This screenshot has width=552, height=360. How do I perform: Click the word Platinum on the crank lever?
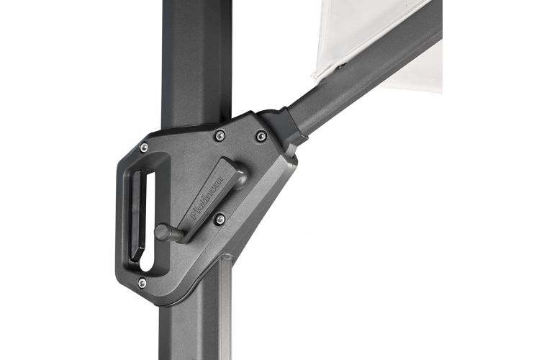coord(207,197)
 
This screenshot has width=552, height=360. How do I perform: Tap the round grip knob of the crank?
coord(161,232)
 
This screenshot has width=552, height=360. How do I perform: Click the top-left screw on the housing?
coord(144,148)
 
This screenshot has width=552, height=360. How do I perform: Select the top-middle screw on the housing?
coord(220,135)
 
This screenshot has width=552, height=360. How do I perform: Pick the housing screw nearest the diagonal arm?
coord(261,136)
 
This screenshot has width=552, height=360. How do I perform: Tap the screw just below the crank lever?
coord(220,219)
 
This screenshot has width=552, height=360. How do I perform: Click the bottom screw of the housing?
coord(142,282)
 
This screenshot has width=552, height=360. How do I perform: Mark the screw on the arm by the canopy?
coord(340,66)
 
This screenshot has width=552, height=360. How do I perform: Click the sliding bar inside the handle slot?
coord(138,215)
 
